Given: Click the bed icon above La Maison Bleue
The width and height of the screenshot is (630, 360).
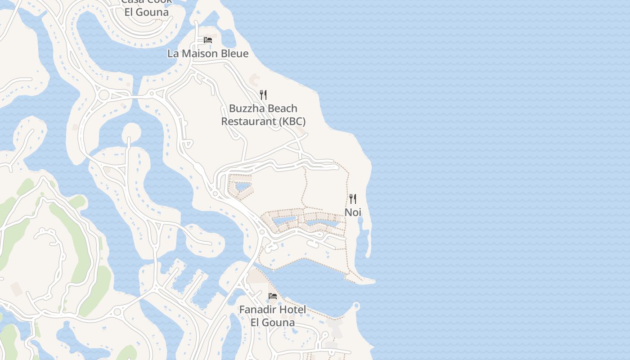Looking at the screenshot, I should pyautogui.click(x=208, y=40).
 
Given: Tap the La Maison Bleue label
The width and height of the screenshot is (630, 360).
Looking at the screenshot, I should pyautogui.click(x=208, y=54).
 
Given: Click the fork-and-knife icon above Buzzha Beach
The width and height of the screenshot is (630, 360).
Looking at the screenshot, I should pyautogui.click(x=263, y=95).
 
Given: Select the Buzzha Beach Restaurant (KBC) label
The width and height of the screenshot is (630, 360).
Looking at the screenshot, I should pyautogui.click(x=263, y=115).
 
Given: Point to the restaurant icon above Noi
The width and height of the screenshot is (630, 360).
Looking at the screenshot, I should pyautogui.click(x=353, y=198).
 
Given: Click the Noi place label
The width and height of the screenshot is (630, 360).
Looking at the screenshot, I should pyautogui.click(x=353, y=212).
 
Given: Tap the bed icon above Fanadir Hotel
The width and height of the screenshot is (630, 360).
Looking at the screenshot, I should pyautogui.click(x=273, y=296).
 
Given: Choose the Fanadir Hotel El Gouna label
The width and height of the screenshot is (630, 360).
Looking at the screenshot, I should pyautogui.click(x=273, y=316).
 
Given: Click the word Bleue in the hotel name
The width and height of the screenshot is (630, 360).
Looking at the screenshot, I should pyautogui.click(x=233, y=54).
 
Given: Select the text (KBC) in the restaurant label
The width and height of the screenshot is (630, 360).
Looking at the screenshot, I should pyautogui.click(x=292, y=121).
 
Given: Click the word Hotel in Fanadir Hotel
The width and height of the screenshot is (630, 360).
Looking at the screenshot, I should pyautogui.click(x=292, y=310).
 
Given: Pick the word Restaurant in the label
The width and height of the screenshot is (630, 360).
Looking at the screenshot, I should pyautogui.click(x=248, y=121).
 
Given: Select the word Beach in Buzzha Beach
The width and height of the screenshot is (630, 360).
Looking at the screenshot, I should pyautogui.click(x=282, y=108).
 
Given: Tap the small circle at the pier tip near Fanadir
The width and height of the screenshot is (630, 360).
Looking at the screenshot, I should pyautogui.click(x=356, y=306).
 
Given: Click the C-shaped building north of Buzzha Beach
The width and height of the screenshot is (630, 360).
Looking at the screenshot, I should pyautogui.click(x=255, y=81).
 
